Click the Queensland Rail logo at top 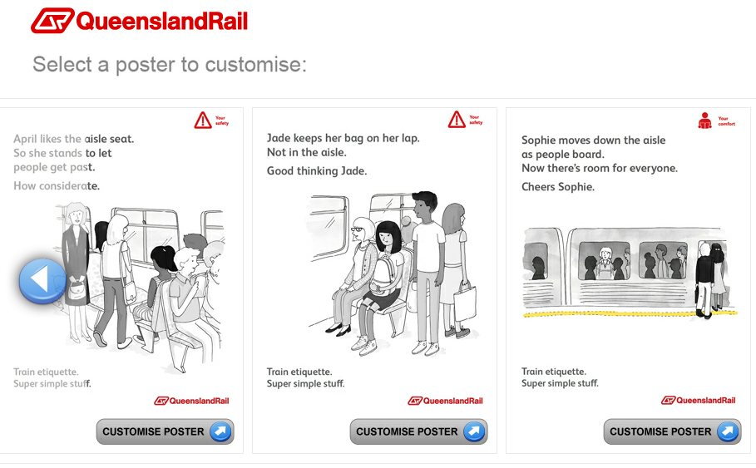(x=140, y=21)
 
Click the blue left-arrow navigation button (x=42, y=281)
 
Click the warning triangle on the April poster (x=203, y=121)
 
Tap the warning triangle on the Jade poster (x=457, y=120)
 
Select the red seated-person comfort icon (x=705, y=121)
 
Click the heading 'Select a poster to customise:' (x=170, y=64)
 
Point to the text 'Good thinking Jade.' (x=317, y=170)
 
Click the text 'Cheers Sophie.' (x=558, y=186)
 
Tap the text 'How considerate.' (x=57, y=185)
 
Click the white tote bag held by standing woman (x=465, y=303)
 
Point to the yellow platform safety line (x=630, y=313)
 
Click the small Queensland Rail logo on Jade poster (x=446, y=401)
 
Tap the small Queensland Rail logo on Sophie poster (x=698, y=400)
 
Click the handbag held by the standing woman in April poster (x=77, y=289)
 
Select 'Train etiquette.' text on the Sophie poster (x=554, y=371)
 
